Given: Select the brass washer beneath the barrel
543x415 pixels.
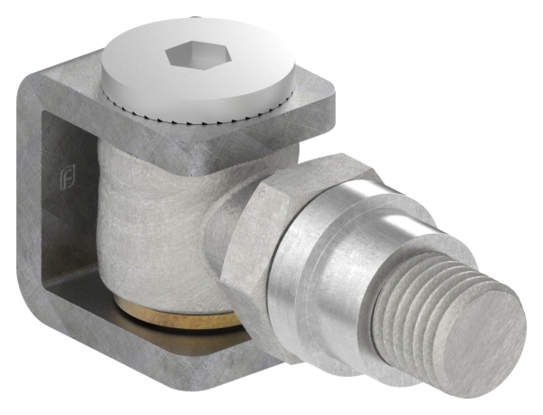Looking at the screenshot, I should [181, 318].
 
